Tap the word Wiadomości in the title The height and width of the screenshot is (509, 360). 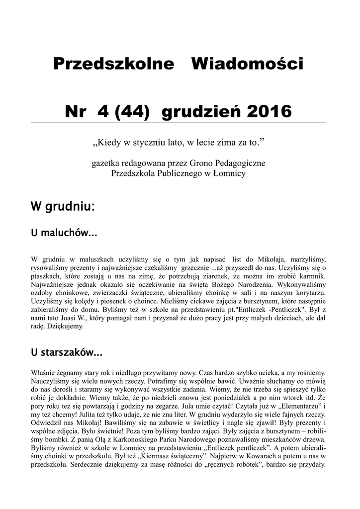point(247,64)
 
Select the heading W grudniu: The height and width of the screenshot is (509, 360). point(62,206)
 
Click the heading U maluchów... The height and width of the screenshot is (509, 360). point(63,233)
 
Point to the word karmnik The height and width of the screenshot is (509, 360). point(312,275)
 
